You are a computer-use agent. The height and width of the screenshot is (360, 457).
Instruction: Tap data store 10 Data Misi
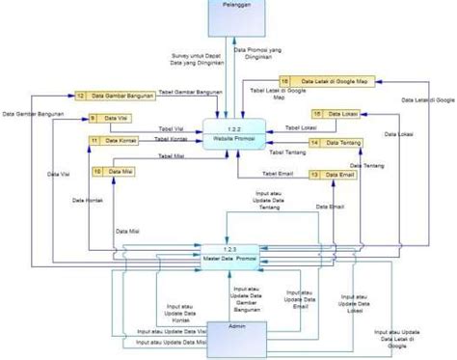113,172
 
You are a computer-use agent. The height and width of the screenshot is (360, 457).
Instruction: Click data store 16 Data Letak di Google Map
317,82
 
